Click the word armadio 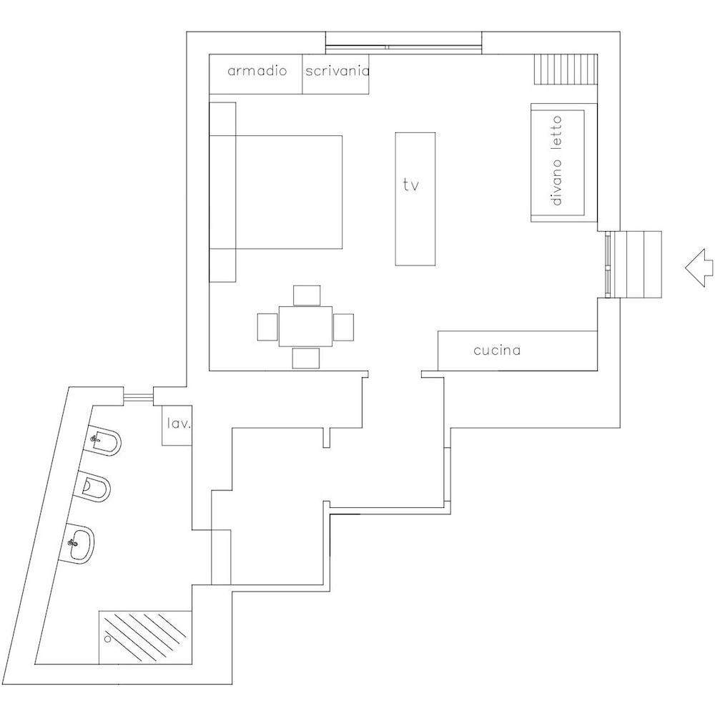coord(257,71)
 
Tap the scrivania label coord(337,71)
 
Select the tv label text coord(411,185)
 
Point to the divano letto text coord(556,160)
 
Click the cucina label coord(497,351)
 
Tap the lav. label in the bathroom coord(179,424)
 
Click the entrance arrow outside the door coord(699,268)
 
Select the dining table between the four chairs coord(305,326)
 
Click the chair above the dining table coord(307,295)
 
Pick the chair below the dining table coord(305,358)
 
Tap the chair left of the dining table coord(267,327)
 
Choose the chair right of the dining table coord(343,327)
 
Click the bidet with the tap coord(104,441)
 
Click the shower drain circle coord(108,639)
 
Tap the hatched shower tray coord(145,637)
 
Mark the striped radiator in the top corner coord(566,69)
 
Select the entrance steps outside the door coord(636,265)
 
